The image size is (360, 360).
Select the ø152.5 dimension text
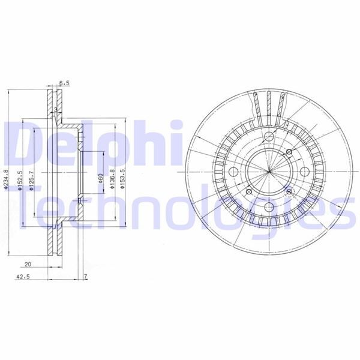[20, 180]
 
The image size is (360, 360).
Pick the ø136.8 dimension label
[112, 179]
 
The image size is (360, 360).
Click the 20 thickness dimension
[28, 264]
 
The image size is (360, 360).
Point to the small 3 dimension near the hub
[55, 110]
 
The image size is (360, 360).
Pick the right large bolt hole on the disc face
[302, 172]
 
